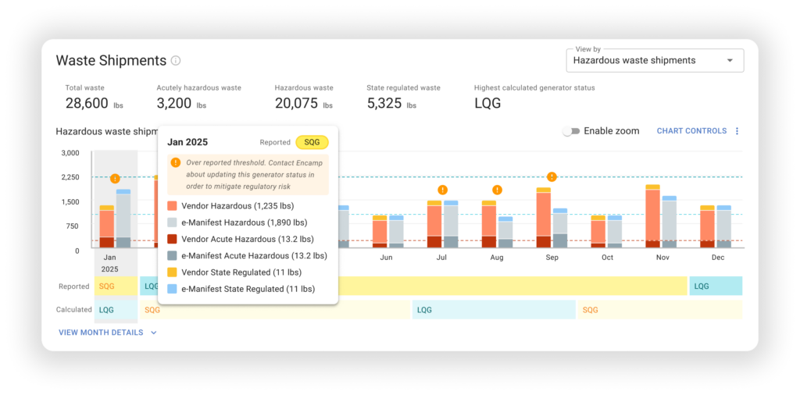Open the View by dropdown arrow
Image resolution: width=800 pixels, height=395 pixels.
730,61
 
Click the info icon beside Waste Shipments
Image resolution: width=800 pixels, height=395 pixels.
176,61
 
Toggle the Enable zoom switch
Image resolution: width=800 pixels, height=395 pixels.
571,131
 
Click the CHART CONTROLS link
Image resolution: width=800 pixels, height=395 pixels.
691,131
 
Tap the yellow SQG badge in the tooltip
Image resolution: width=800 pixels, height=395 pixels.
312,142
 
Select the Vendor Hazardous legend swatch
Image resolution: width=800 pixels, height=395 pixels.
172,206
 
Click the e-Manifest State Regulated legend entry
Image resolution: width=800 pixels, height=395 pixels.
241,289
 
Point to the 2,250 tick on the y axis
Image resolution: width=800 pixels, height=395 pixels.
70,177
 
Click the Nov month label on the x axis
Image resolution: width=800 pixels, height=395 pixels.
662,258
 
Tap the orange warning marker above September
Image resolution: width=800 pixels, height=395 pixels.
552,177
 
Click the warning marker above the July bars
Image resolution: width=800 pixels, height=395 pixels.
442,190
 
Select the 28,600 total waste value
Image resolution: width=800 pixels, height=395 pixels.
87,104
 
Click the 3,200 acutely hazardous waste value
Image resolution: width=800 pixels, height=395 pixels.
174,104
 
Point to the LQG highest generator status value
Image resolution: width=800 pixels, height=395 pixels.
487,104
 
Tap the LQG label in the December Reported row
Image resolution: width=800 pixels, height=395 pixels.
702,286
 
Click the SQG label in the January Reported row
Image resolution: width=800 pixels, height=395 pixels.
107,286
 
